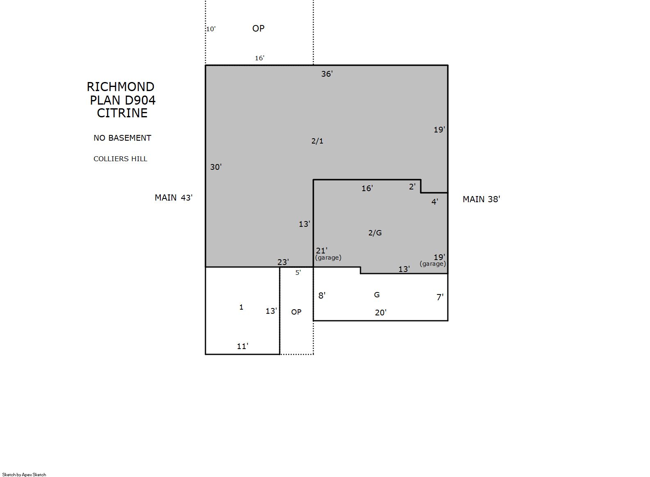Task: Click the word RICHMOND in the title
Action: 121,87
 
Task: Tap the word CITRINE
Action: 122,113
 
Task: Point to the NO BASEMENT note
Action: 122,138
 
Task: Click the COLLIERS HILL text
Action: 120,159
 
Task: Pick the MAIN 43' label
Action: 173,198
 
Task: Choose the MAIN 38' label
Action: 481,199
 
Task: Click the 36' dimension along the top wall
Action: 327,74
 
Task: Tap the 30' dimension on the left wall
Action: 216,167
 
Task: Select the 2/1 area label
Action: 317,141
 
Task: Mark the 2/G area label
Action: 375,233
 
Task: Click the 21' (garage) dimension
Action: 328,253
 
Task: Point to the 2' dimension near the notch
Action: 412,187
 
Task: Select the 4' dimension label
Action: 434,202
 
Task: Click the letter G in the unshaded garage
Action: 376,295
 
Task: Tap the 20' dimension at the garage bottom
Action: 381,313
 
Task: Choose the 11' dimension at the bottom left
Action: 242,346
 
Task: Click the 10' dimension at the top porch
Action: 211,29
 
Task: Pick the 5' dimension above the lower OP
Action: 298,272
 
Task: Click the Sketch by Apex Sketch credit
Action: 24,475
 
